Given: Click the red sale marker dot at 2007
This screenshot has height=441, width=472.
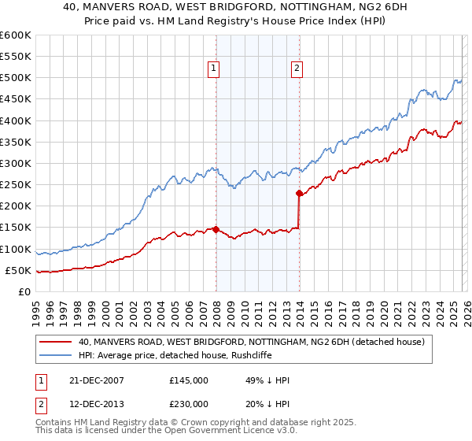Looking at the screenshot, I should pos(216,229).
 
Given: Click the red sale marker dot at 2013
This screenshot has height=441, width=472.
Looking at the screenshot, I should pos(299,193).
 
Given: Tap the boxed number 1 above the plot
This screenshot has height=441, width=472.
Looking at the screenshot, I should pos(213,69).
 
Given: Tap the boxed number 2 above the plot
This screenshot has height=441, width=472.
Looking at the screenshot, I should pos(297,69).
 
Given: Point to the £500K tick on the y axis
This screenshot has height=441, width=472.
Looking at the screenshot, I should pos(16,78).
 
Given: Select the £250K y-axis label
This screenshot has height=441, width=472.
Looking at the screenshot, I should pos(16,185).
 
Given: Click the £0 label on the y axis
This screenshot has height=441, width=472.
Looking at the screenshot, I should pos(24,292).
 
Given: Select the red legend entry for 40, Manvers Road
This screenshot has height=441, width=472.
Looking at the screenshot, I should pos(251,342).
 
